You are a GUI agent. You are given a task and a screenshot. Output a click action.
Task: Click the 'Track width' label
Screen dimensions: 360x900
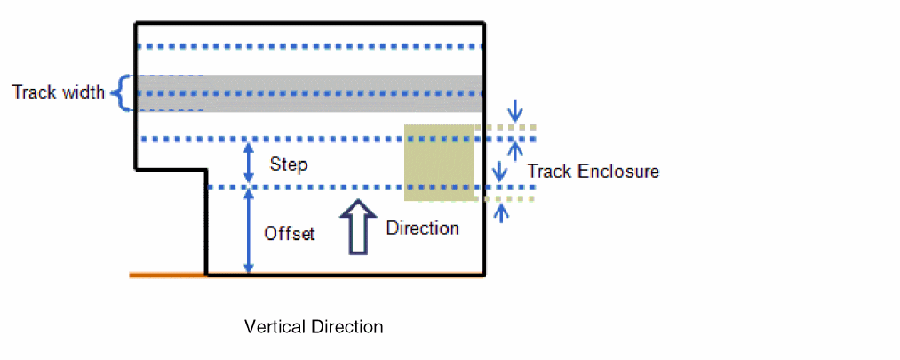click(59, 92)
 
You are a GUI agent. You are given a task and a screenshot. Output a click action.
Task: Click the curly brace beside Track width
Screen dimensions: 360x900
click(123, 92)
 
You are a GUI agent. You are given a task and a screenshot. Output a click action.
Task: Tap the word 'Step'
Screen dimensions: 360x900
click(288, 164)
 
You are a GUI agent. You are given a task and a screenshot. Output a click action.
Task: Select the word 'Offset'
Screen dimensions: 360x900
click(290, 234)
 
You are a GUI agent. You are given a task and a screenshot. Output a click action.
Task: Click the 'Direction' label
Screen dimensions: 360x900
click(422, 228)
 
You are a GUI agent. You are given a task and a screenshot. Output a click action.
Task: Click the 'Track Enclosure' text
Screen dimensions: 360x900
click(593, 171)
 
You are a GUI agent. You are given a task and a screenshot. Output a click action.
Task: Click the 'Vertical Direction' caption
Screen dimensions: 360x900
click(314, 327)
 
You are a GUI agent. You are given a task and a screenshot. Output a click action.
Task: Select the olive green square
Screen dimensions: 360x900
click(439, 163)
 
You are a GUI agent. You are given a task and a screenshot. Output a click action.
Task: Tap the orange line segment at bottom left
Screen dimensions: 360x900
click(168, 276)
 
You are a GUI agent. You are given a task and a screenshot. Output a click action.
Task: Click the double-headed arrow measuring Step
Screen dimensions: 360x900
click(249, 164)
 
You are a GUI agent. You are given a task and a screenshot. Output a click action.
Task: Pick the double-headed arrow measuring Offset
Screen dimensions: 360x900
click(249, 231)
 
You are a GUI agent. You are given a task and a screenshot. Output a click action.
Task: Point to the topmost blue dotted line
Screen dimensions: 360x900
click(311, 46)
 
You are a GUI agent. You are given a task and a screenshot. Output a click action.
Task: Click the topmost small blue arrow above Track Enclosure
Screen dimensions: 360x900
click(514, 110)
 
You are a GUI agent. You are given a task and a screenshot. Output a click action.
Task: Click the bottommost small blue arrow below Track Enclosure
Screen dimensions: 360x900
click(503, 212)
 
